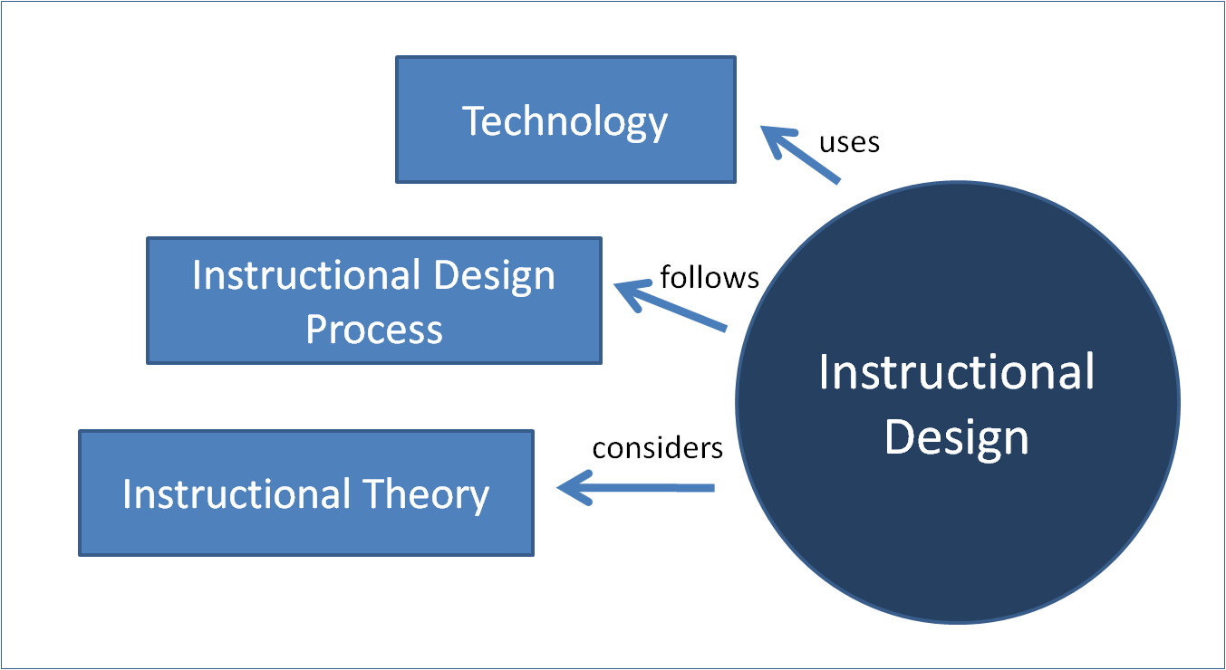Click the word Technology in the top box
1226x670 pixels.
click(565, 121)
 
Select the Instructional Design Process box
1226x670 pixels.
click(373, 301)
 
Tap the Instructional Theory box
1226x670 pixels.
click(306, 493)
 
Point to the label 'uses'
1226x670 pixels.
click(849, 142)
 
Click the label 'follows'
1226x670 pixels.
click(710, 276)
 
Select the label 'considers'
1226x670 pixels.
click(657, 447)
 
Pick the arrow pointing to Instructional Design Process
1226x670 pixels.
click(671, 307)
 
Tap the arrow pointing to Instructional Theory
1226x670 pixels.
click(634, 489)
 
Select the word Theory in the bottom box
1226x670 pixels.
click(426, 494)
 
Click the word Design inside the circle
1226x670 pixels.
click(957, 437)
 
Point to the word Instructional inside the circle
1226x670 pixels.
click(957, 372)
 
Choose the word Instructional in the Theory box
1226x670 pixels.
click(237, 494)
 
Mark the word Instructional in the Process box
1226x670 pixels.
click(306, 275)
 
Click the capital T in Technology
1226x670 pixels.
click(474, 121)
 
